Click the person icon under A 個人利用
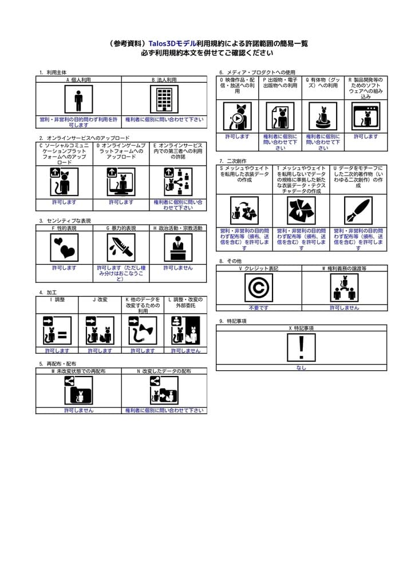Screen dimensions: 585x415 [78, 99]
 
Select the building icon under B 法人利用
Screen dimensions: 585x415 [164, 99]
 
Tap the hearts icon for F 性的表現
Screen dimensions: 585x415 [64, 247]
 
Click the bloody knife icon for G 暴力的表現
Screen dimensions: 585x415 [121, 247]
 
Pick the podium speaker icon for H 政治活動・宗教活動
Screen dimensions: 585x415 [178, 247]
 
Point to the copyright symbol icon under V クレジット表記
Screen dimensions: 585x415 [258, 287]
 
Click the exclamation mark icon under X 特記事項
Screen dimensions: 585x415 [301, 347]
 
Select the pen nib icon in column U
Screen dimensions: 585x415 [358, 211]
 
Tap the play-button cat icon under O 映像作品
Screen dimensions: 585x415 [237, 117]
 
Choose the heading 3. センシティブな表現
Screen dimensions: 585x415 [65, 221]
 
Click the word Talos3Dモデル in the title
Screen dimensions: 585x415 [172, 43]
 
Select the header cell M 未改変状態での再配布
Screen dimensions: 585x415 [78, 371]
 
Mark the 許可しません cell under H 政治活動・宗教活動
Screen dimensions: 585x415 [178, 267]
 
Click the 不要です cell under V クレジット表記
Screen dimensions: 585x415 [258, 307]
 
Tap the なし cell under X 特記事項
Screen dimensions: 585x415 [301, 367]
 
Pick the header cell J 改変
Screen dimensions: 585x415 [100, 299]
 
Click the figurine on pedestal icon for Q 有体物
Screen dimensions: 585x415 [323, 117]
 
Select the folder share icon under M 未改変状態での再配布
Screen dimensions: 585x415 [78, 390]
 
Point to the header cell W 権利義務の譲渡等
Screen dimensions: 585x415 [344, 268]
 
